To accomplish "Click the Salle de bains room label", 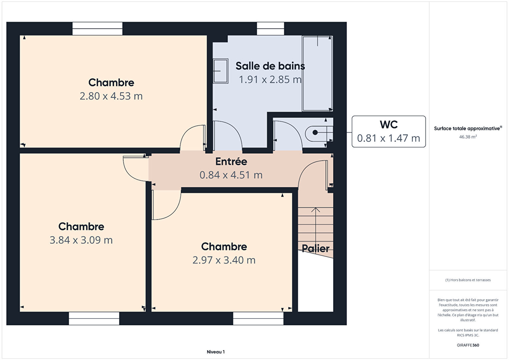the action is tap(270, 66).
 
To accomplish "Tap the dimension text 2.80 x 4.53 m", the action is tap(111, 96).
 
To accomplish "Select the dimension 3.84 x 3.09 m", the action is tap(81, 240).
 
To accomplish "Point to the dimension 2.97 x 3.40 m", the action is tap(224, 260).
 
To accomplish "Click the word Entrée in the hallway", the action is tap(231, 161).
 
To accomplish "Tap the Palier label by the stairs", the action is tap(316, 249).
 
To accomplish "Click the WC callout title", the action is tap(389, 124).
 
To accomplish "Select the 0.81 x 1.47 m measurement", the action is tap(389, 138).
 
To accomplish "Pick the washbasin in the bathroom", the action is tap(220, 71).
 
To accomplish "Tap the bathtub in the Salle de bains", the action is tap(318, 73).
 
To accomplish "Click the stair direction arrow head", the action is tap(316, 210).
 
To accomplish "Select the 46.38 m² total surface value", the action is tap(468, 137).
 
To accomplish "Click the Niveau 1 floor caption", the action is tap(216, 352).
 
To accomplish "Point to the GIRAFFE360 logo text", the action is tap(468, 345).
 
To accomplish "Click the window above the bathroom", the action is tap(271, 29).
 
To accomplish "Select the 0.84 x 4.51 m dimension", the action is tap(231, 175).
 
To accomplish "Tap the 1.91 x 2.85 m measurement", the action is tap(270, 79).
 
